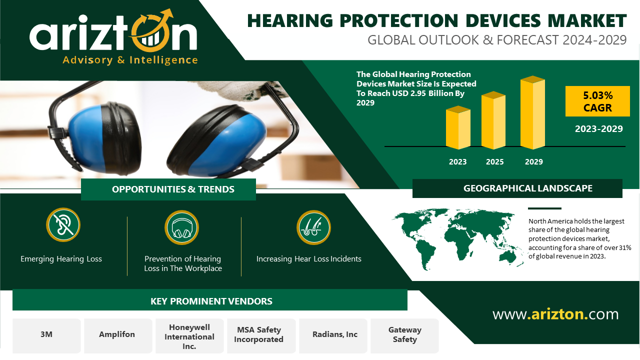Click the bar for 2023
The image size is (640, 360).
tap(458, 127)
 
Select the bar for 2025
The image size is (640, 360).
tap(493, 120)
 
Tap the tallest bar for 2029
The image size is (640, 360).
tap(532, 112)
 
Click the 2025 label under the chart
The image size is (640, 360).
tap(494, 161)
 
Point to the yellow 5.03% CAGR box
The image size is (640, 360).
tap(597, 101)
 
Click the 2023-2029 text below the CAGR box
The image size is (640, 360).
tap(598, 129)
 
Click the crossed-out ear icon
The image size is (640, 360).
tap(63, 224)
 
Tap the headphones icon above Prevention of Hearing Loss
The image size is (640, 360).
tap(181, 227)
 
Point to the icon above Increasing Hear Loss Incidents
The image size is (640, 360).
tap(313, 227)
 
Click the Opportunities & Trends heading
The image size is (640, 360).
tap(173, 189)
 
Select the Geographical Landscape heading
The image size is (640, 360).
tap(527, 188)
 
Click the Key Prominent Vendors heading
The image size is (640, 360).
tap(211, 301)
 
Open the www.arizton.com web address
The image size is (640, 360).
tap(555, 314)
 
